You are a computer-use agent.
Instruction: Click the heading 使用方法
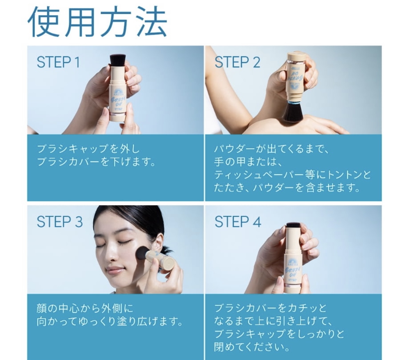[x=97, y=22]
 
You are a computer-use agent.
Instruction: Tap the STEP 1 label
[x=58, y=62]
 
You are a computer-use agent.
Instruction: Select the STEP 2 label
[x=237, y=62]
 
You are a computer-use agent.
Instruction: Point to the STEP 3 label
[x=60, y=222]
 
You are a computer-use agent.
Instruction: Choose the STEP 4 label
[x=238, y=222]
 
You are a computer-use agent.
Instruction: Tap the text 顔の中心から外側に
[x=85, y=308]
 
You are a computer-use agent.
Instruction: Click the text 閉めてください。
[x=252, y=347]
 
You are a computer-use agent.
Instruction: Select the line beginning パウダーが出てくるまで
[x=271, y=149]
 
